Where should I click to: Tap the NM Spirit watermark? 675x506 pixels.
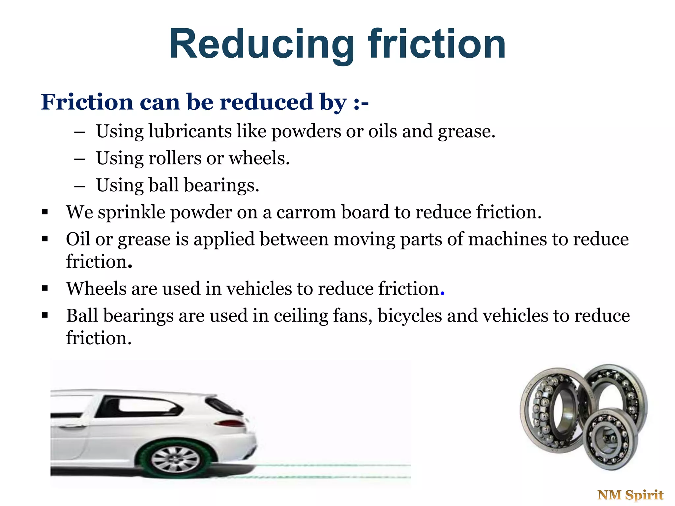630,495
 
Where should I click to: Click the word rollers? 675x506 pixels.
175,158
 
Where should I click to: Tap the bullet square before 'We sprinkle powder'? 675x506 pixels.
45,212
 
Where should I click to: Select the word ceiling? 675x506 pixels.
301,316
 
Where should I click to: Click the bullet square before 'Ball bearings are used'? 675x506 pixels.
45,316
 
